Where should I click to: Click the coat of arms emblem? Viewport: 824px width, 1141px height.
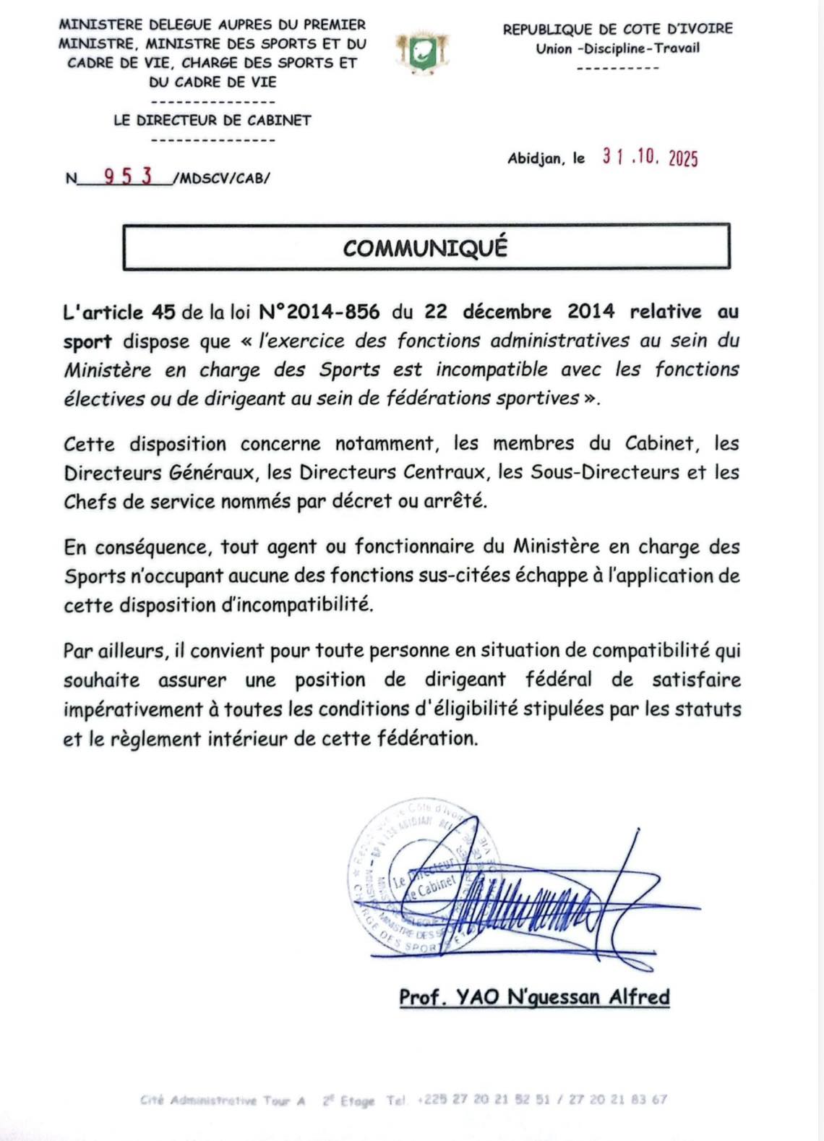[422, 53]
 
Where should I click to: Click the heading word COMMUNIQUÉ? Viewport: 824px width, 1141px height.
[425, 248]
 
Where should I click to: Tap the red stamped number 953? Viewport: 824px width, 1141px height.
[128, 176]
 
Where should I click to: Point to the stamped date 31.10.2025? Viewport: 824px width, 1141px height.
[650, 158]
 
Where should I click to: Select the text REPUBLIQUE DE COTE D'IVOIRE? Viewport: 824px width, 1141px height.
[617, 30]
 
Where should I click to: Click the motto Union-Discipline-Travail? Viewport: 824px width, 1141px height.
[617, 48]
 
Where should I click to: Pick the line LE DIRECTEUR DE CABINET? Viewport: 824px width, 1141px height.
[212, 121]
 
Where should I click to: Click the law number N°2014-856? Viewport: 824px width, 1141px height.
[319, 312]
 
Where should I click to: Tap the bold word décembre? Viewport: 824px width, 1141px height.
[507, 312]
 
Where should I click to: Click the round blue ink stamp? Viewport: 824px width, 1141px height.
[412, 879]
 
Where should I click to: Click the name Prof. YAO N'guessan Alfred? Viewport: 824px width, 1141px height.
[534, 997]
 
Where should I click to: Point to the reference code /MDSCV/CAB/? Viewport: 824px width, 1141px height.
[221, 179]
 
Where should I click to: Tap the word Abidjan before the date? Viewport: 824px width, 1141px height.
[536, 158]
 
